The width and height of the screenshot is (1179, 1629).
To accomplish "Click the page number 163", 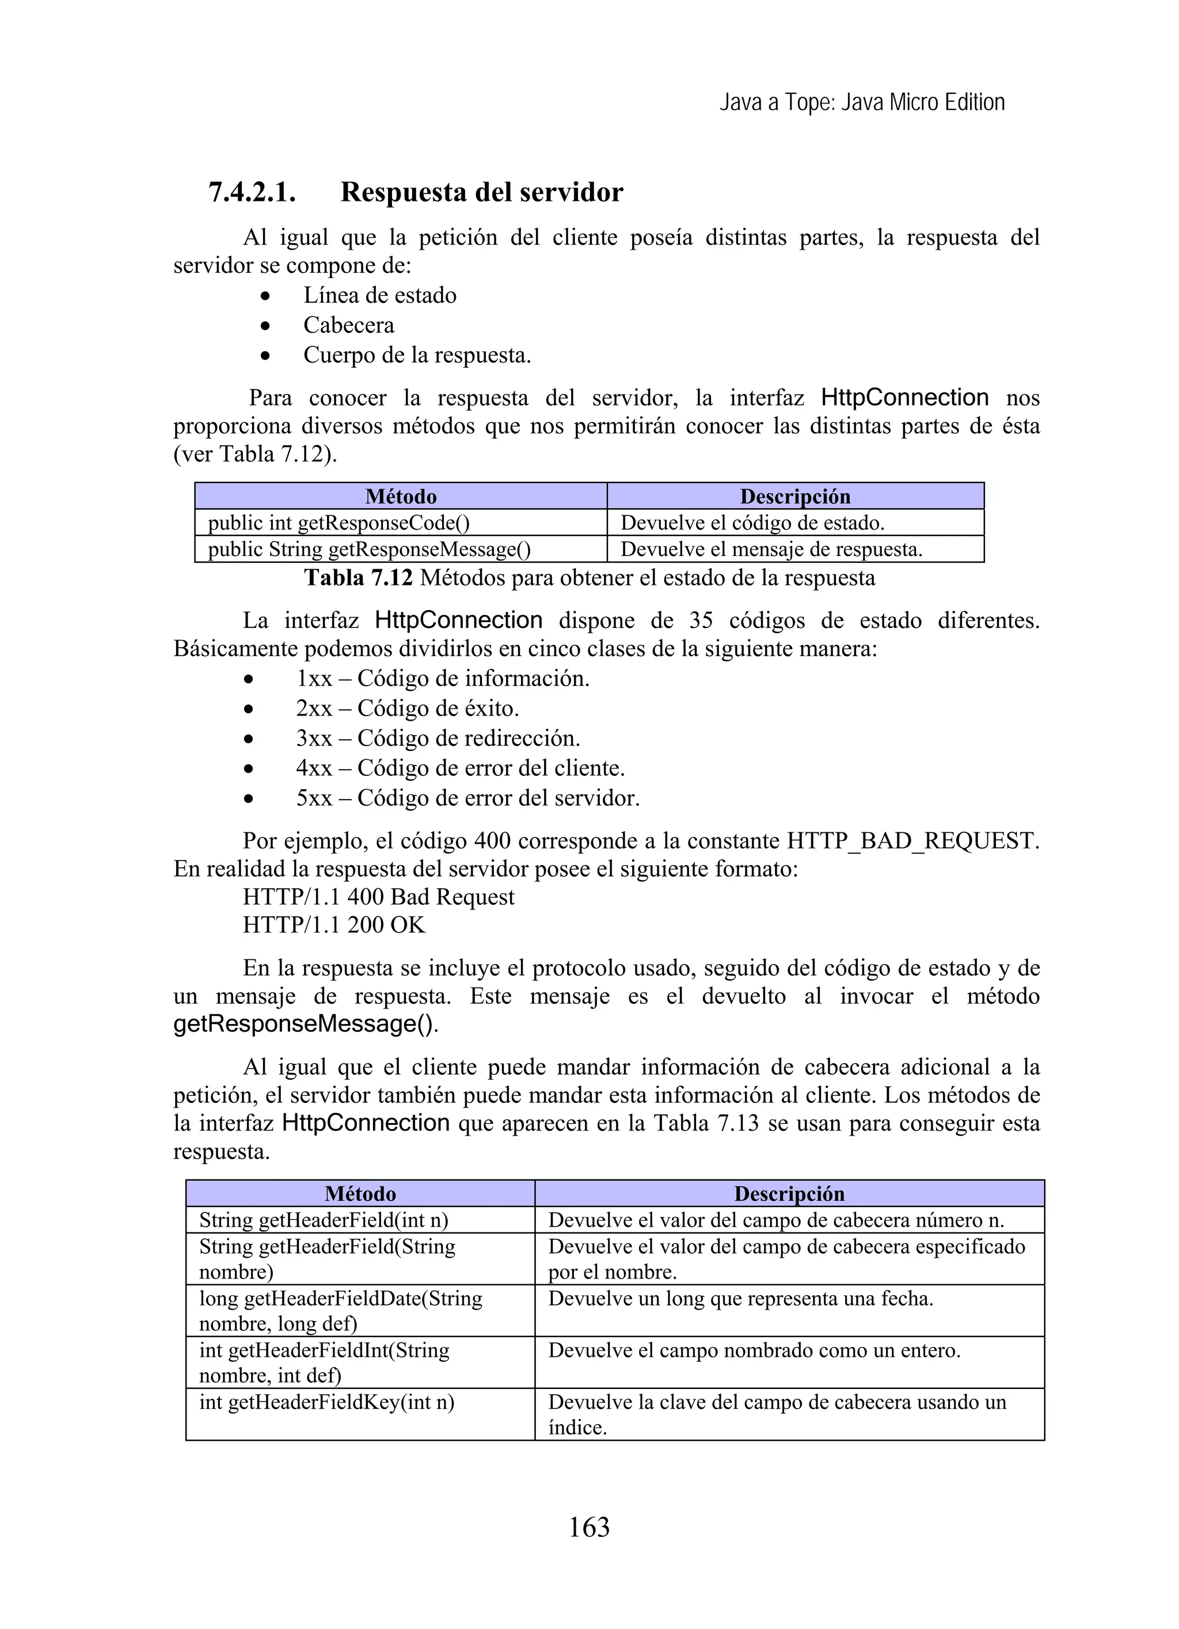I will coord(588,1527).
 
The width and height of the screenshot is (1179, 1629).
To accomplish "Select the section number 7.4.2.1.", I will coord(252,192).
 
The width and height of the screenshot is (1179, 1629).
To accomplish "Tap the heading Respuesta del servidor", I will coord(481,192).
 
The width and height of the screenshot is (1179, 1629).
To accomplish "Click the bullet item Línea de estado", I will coord(379,295).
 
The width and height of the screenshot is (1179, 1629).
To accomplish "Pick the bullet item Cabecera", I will coord(348,325).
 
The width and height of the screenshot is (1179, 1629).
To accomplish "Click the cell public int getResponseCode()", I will coord(339,523).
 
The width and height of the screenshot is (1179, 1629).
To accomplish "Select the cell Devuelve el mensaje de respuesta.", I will coord(771,550).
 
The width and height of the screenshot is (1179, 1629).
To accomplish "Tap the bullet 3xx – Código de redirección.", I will coord(438,739).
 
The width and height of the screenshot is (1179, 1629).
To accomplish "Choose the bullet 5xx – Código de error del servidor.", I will coord(467,798).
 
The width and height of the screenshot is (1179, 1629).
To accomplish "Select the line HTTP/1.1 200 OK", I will coord(334,925).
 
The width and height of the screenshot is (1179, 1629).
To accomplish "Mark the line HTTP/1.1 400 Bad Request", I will coord(379,897).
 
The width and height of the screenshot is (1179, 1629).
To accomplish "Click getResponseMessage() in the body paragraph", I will coord(303,1024).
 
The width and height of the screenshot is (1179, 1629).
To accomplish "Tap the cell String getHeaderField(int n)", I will coord(324,1220).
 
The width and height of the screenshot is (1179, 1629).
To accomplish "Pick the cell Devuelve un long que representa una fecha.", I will coord(740,1299).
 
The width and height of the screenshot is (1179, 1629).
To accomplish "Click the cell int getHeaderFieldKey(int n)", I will coord(326,1402).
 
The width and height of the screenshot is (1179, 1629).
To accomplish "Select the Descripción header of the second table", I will coord(789,1194).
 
